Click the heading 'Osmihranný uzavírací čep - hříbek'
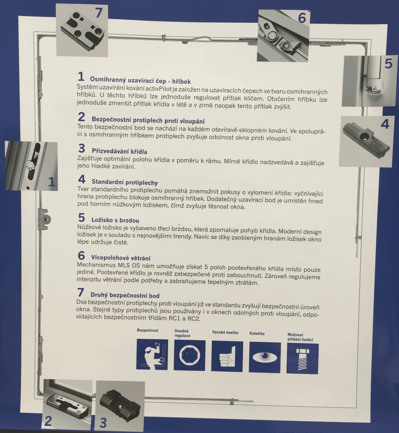(140, 81)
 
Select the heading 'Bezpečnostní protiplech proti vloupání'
(148, 120)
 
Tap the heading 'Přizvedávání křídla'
(120, 151)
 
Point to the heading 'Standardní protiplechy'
(125, 182)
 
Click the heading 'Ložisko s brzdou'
(115, 220)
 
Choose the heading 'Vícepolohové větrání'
(121, 258)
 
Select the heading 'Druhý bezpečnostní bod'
(125, 295)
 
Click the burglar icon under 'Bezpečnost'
(152, 355)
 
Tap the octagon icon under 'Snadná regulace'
(190, 355)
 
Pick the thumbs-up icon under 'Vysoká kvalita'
(227, 356)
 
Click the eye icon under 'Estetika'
(265, 357)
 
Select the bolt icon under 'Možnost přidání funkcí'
(303, 359)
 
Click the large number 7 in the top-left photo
(99, 12)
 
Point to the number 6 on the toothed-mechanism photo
(302, 18)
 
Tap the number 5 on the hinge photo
(389, 63)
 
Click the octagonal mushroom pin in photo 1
(30, 164)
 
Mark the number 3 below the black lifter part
(103, 423)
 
